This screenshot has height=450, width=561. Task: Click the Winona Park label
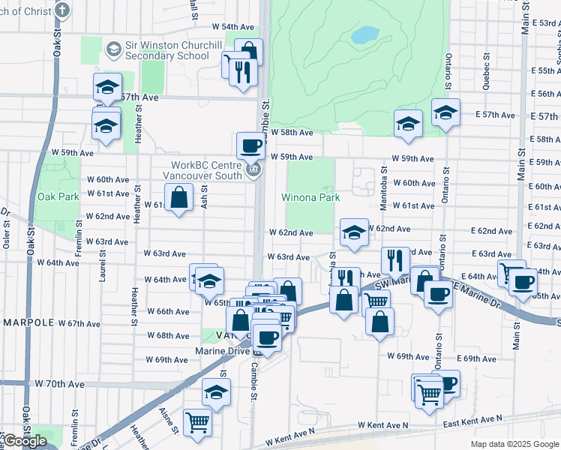point(310,197)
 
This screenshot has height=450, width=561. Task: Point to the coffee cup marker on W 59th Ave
point(250,145)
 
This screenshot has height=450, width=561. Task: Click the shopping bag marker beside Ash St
point(179,198)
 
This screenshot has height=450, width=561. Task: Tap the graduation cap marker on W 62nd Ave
point(354,232)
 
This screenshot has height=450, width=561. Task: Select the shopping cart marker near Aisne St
point(197,422)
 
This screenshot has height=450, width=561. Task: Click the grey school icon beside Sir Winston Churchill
point(114,49)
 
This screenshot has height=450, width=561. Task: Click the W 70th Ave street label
point(59,383)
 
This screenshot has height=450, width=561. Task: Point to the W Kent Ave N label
point(382,424)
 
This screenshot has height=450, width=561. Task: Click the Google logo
point(25,441)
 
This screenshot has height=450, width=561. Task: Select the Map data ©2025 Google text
point(514,444)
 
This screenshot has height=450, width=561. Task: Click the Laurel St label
point(102,265)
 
